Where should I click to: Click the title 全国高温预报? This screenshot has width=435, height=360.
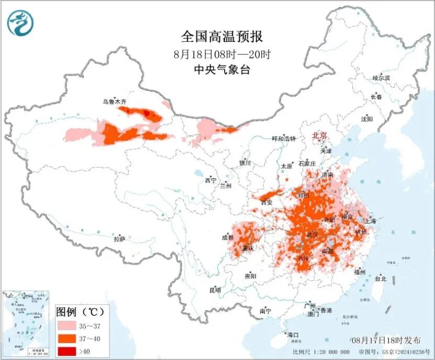pyautogui.click(x=221, y=37)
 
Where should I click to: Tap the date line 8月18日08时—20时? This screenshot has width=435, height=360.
pyautogui.click(x=221, y=54)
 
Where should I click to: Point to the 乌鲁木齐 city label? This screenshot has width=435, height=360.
pyautogui.click(x=115, y=103)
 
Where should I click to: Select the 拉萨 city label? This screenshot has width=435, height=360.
pyautogui.click(x=119, y=238)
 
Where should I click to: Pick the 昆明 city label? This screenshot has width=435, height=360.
pyautogui.click(x=215, y=290)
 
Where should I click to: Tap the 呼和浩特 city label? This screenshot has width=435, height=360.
pyautogui.click(x=284, y=139)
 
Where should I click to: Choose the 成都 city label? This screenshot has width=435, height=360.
pyautogui.click(x=228, y=237)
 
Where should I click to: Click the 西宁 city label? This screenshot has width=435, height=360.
pyautogui.click(x=210, y=180)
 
